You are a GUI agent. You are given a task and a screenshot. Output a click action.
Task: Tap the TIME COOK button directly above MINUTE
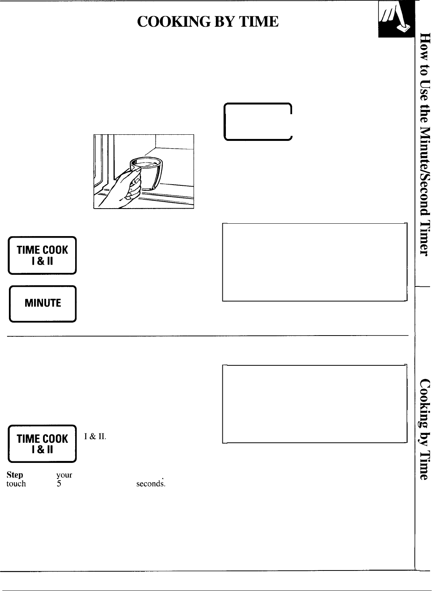[x=43, y=255]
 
